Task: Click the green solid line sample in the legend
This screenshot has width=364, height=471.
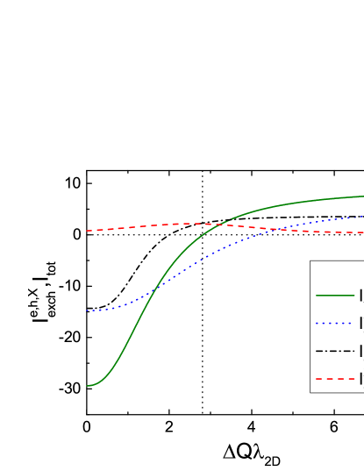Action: click(x=334, y=295)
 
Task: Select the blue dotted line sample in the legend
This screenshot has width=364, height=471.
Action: click(x=334, y=323)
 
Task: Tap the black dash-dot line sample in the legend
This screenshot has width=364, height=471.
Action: click(x=334, y=351)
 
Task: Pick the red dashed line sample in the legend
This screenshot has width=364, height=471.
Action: click(x=334, y=379)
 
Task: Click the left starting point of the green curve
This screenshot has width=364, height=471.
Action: click(x=87, y=385)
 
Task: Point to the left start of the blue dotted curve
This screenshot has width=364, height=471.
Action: click(x=87, y=310)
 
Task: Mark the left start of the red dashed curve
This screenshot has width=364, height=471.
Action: click(x=87, y=231)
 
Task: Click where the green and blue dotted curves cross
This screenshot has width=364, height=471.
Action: click(x=152, y=292)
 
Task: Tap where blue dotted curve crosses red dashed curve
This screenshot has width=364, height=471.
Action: click(x=279, y=229)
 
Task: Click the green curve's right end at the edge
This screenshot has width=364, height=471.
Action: click(x=362, y=196)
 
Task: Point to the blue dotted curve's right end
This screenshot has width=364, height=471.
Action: click(x=362, y=217)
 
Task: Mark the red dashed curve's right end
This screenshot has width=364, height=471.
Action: click(x=362, y=232)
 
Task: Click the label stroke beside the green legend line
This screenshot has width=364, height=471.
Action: click(x=360, y=295)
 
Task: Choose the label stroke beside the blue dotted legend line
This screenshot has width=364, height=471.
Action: click(x=360, y=323)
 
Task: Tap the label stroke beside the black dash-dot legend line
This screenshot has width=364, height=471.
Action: click(x=360, y=351)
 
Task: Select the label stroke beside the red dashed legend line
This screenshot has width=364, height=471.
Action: click(x=360, y=379)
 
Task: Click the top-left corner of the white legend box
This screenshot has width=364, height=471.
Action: click(x=310, y=261)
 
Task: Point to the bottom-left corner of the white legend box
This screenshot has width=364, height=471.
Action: click(x=310, y=391)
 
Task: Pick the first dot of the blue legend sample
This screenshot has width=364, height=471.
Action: click(x=317, y=323)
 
